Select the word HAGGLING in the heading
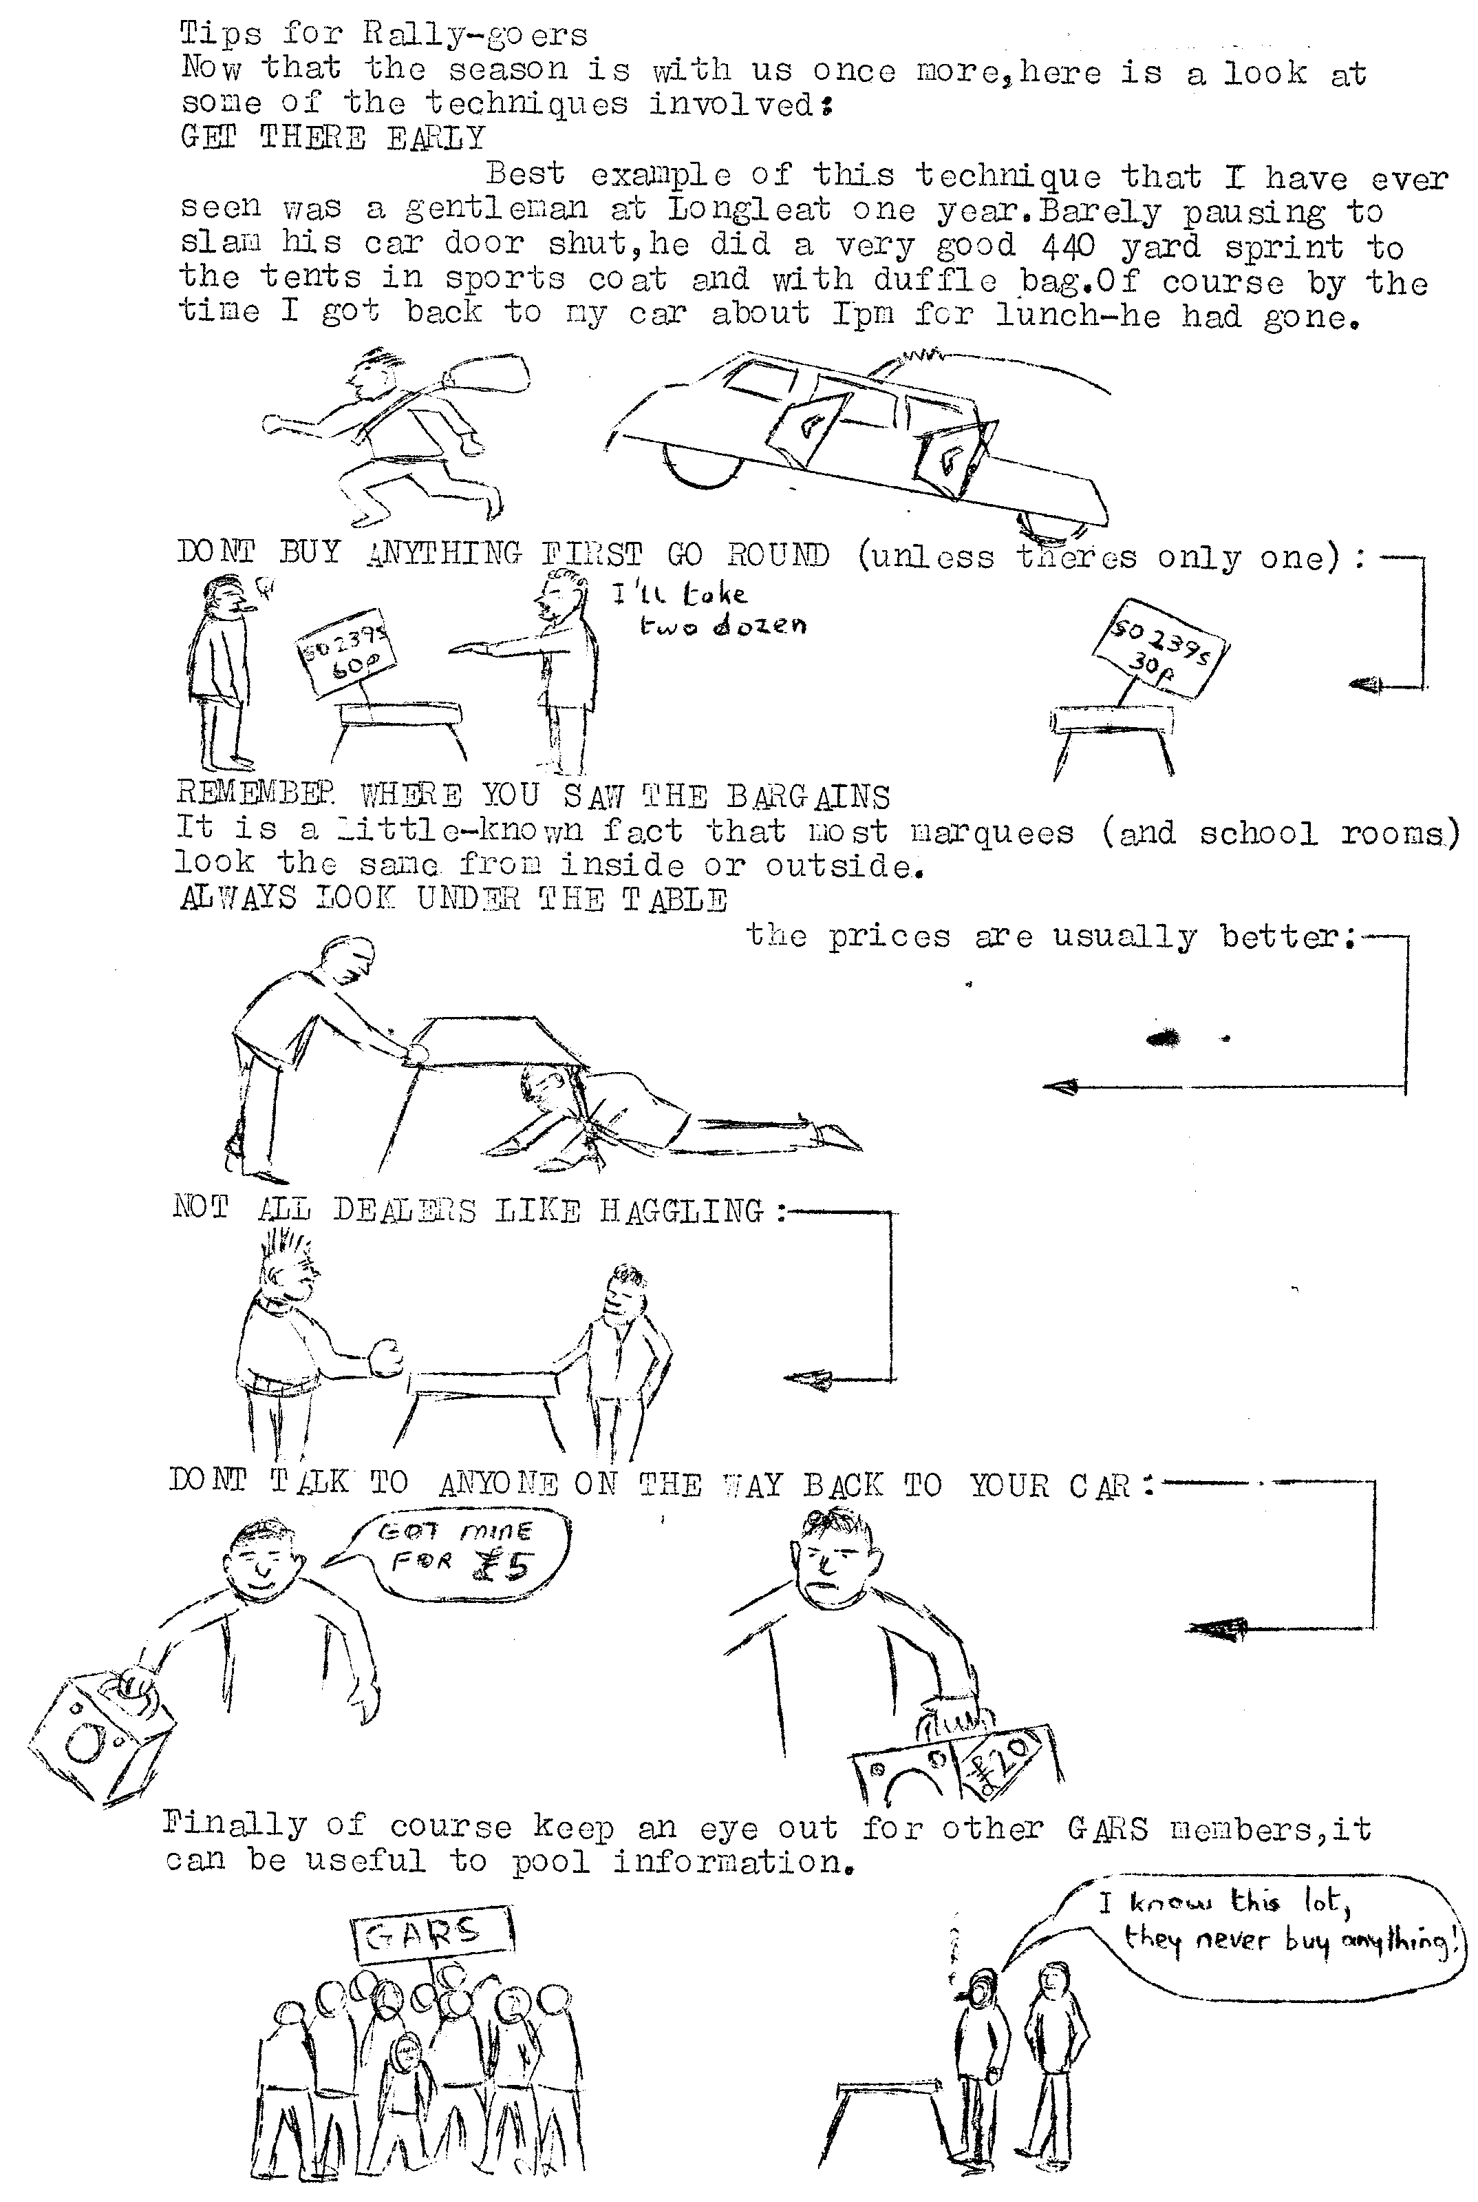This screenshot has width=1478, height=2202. [681, 1210]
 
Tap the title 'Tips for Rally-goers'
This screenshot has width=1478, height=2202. [384, 35]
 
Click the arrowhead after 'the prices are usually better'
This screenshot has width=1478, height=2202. [1060, 1087]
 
